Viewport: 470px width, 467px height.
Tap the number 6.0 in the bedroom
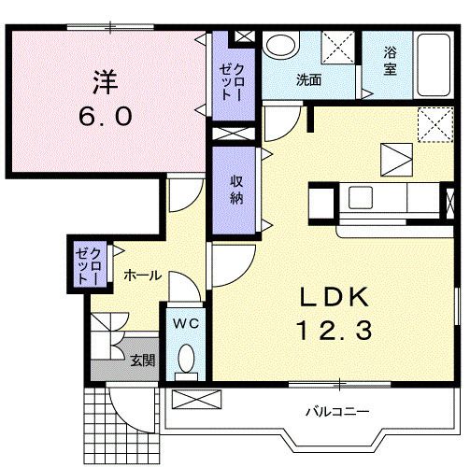tap(105, 117)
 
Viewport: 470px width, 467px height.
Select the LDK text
tap(335, 297)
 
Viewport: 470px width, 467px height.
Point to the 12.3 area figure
tap(335, 330)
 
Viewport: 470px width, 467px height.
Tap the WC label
tap(187, 323)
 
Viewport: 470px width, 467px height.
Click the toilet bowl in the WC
tap(187, 361)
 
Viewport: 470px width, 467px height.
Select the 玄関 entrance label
tap(142, 361)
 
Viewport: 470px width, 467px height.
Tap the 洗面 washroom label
tap(309, 80)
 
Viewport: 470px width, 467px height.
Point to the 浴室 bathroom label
tap(389, 62)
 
